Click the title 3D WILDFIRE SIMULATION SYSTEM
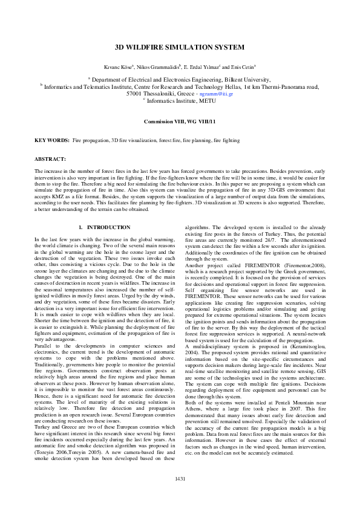180,47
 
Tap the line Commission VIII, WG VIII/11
180,122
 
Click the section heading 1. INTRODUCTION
105,227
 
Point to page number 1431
180,496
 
